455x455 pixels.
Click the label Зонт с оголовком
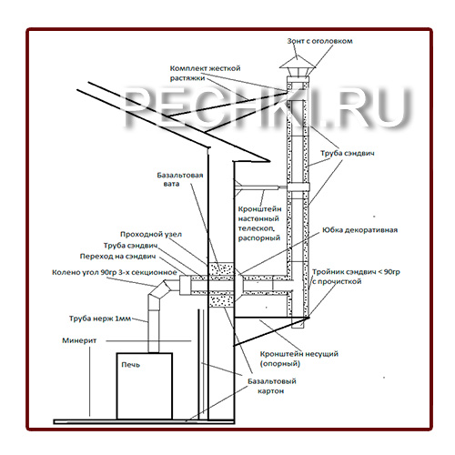(319, 41)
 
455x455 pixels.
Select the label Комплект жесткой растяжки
(205, 73)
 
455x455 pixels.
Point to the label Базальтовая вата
(179, 179)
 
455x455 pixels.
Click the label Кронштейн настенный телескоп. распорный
(259, 224)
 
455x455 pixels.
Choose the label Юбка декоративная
(359, 230)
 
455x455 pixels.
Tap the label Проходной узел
(151, 234)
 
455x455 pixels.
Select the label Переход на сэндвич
(117, 257)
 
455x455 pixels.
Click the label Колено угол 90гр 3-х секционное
(115, 272)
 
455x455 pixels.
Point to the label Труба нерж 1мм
(100, 318)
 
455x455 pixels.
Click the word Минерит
(79, 340)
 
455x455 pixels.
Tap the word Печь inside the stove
(131, 365)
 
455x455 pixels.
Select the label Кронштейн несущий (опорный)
(299, 359)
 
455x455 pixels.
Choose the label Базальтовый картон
(272, 386)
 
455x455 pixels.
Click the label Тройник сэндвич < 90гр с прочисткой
(356, 277)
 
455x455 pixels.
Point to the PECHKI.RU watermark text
(268, 106)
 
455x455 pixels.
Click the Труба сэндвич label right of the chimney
(348, 153)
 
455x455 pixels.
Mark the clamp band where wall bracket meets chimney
(298, 187)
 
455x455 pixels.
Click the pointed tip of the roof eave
(269, 161)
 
